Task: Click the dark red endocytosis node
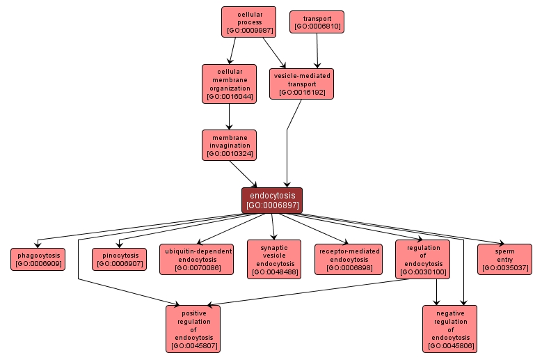tap(272, 201)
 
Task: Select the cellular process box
tap(248, 22)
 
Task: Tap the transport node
tap(317, 22)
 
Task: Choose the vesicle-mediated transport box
tap(301, 84)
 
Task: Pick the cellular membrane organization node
tap(229, 84)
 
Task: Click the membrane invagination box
tap(229, 146)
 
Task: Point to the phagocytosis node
tap(38, 259)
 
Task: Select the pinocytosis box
tap(119, 259)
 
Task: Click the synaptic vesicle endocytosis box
tap(274, 259)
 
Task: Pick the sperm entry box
tap(504, 259)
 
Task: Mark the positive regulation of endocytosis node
tap(193, 329)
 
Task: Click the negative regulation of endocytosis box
tap(450, 329)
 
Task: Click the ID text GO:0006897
tap(272, 205)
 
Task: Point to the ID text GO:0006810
tap(317, 26)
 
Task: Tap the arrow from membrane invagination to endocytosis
tap(244, 174)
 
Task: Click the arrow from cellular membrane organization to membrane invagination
tap(229, 116)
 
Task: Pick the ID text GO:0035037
tap(504, 267)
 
